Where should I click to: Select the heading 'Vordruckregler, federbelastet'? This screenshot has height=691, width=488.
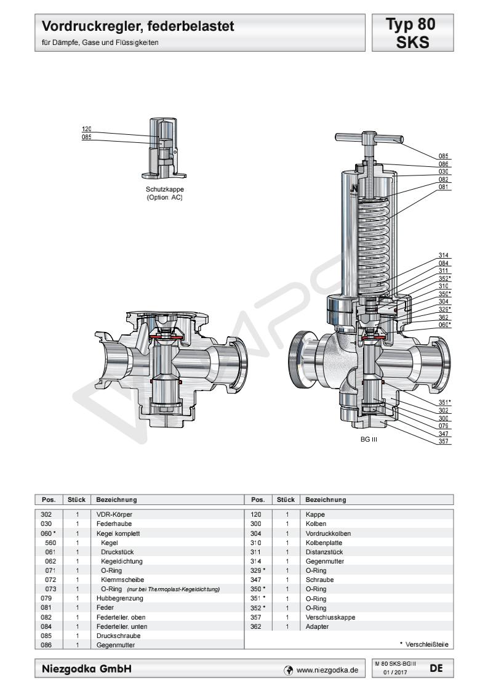(138, 27)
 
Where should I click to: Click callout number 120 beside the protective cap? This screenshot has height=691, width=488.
(86, 129)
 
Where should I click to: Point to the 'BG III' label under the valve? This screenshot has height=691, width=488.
(369, 440)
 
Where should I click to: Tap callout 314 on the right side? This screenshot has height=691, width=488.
(443, 256)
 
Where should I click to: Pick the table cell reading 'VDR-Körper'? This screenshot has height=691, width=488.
(114, 514)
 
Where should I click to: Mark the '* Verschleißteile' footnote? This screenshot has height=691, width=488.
(423, 644)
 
